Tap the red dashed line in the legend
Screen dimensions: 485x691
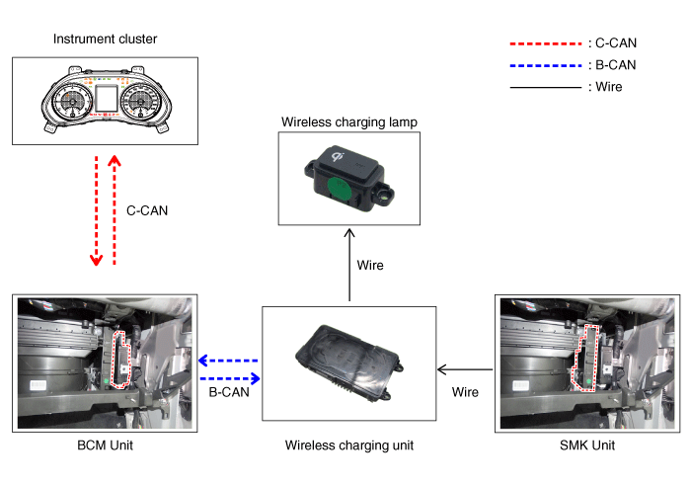point(546,44)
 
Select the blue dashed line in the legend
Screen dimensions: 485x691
point(546,65)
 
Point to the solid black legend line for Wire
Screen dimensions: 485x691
point(546,87)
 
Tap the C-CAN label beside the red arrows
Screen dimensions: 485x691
point(148,210)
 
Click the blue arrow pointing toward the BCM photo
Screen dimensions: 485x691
point(228,361)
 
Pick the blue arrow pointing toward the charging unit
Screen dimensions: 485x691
point(229,378)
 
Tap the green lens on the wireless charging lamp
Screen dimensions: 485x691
point(339,189)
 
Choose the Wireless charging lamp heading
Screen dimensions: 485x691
point(349,122)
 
